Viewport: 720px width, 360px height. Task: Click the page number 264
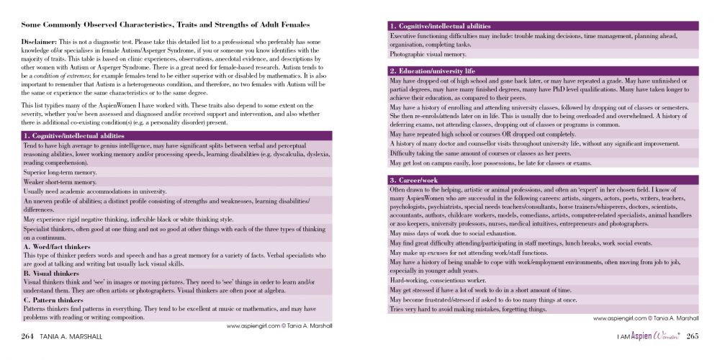click(x=28, y=336)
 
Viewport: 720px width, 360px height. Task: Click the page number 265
click(x=692, y=336)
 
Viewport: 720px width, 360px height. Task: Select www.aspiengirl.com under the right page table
click(x=616, y=317)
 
